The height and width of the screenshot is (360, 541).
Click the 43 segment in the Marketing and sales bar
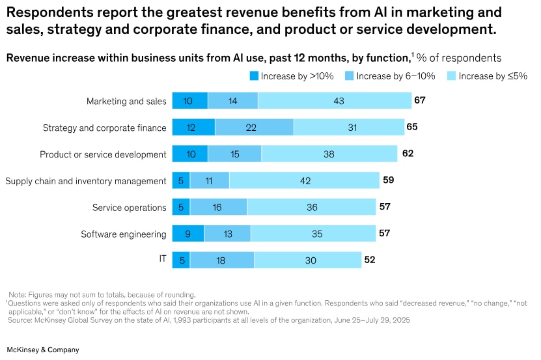335,101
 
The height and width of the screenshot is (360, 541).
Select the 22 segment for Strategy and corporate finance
254,128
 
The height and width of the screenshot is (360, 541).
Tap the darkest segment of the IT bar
181,260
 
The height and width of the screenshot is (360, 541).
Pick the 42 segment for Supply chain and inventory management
304,180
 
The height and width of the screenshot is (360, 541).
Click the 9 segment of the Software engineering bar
188,233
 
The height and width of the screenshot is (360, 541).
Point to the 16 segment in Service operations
218,207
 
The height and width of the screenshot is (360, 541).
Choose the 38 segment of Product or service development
329,154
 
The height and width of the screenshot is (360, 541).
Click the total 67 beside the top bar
419,100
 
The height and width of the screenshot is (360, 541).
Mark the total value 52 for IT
370,259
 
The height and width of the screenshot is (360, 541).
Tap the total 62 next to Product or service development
408,154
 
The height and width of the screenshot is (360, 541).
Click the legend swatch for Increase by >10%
253,76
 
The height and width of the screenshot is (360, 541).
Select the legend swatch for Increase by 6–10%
348,76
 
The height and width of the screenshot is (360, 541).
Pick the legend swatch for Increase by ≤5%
451,76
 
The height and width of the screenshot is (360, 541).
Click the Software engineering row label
124,234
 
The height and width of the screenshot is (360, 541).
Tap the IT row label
163,258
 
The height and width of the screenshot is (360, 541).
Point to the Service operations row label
129,208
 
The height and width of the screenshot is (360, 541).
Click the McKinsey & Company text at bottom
43,350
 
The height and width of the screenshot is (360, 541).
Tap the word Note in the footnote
18,294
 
